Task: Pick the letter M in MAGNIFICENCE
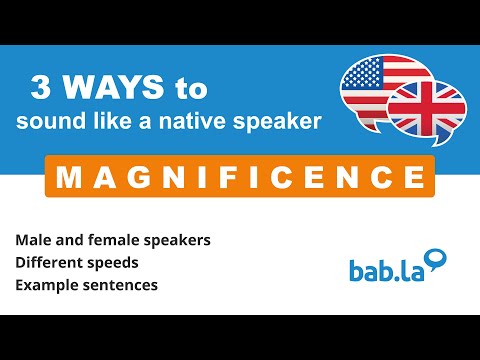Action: click(69, 178)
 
